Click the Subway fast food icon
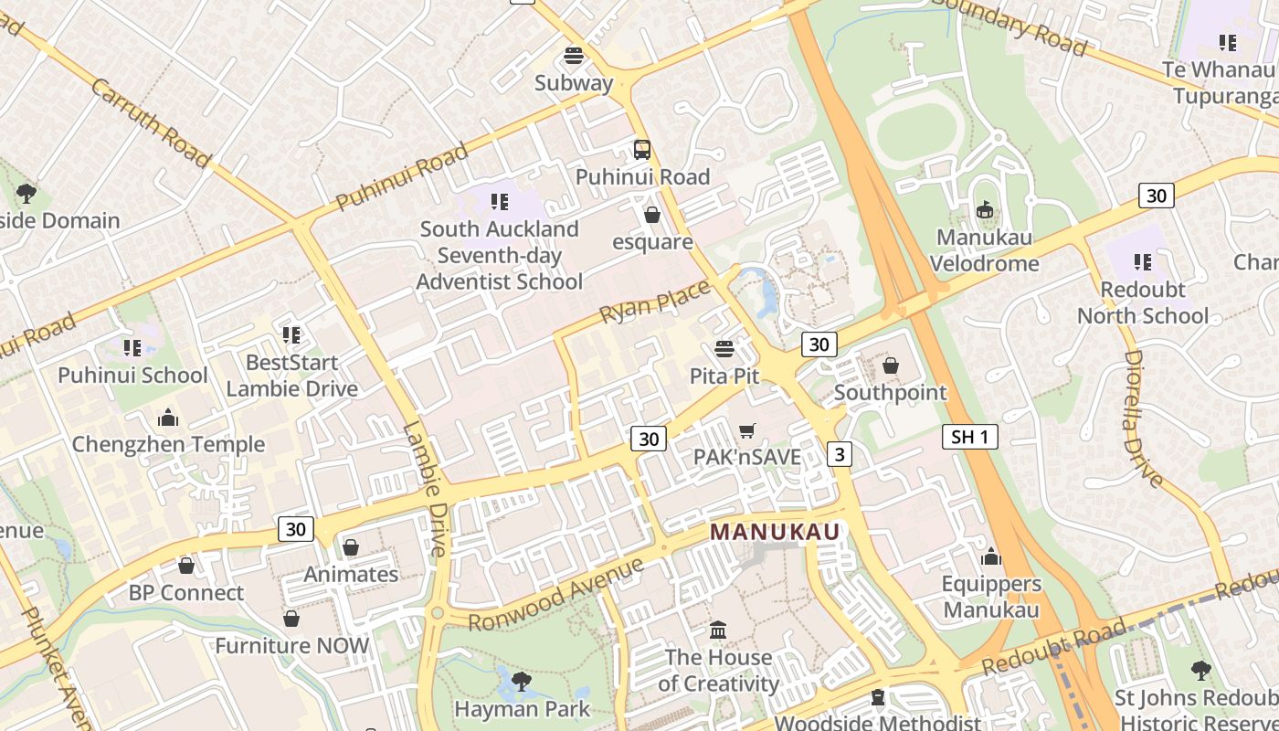pyautogui.click(x=574, y=56)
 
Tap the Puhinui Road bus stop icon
pyautogui.click(x=642, y=150)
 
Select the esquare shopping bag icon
pyautogui.click(x=652, y=216)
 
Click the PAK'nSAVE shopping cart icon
pyautogui.click(x=747, y=430)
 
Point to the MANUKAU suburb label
pyautogui.click(x=775, y=531)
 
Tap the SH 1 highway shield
pyautogui.click(x=969, y=437)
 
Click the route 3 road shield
pyautogui.click(x=840, y=453)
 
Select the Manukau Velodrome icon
pyautogui.click(x=984, y=211)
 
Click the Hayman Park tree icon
pyautogui.click(x=521, y=682)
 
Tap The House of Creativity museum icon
pyautogui.click(x=718, y=630)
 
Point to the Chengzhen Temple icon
pyautogui.click(x=168, y=418)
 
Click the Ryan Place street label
pyautogui.click(x=654, y=301)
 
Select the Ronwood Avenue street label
pyautogui.click(x=555, y=595)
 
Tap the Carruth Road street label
pyautogui.click(x=151, y=123)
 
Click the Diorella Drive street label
pyautogui.click(x=1143, y=418)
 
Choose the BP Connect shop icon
pyautogui.click(x=186, y=567)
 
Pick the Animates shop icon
pyautogui.click(x=351, y=548)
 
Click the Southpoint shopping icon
pyautogui.click(x=891, y=366)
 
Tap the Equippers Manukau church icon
pyautogui.click(x=991, y=557)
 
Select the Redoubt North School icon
pyautogui.click(x=1143, y=263)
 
